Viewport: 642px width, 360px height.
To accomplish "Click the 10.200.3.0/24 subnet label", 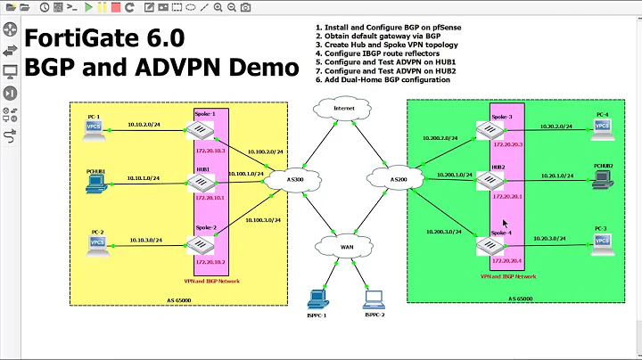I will (x=440, y=232).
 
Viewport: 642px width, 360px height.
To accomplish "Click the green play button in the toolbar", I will (x=87, y=8).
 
